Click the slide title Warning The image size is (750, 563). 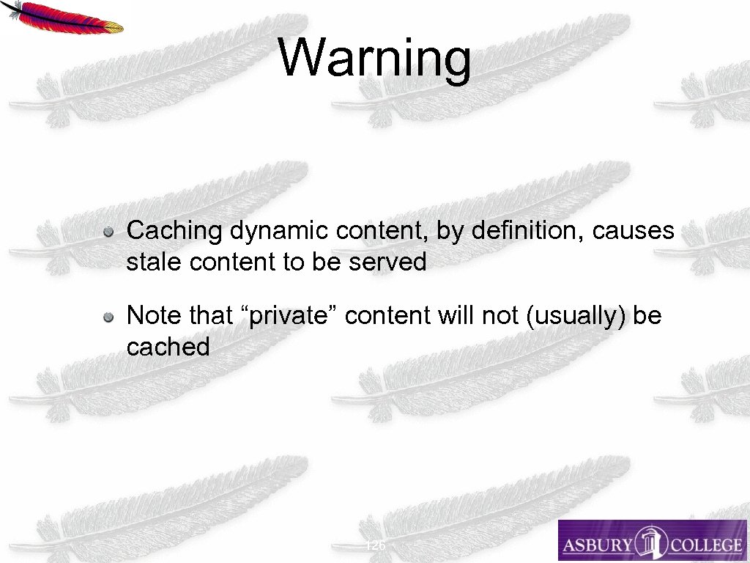coord(375,58)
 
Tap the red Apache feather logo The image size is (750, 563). coord(67,18)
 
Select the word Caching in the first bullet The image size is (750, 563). coord(174,232)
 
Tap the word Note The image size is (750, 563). coord(154,316)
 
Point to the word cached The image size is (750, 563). coord(168,347)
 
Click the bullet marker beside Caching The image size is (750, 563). coord(108,232)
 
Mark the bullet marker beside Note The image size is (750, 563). coord(108,317)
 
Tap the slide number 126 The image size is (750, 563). coord(375,545)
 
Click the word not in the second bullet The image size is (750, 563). coord(497,316)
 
